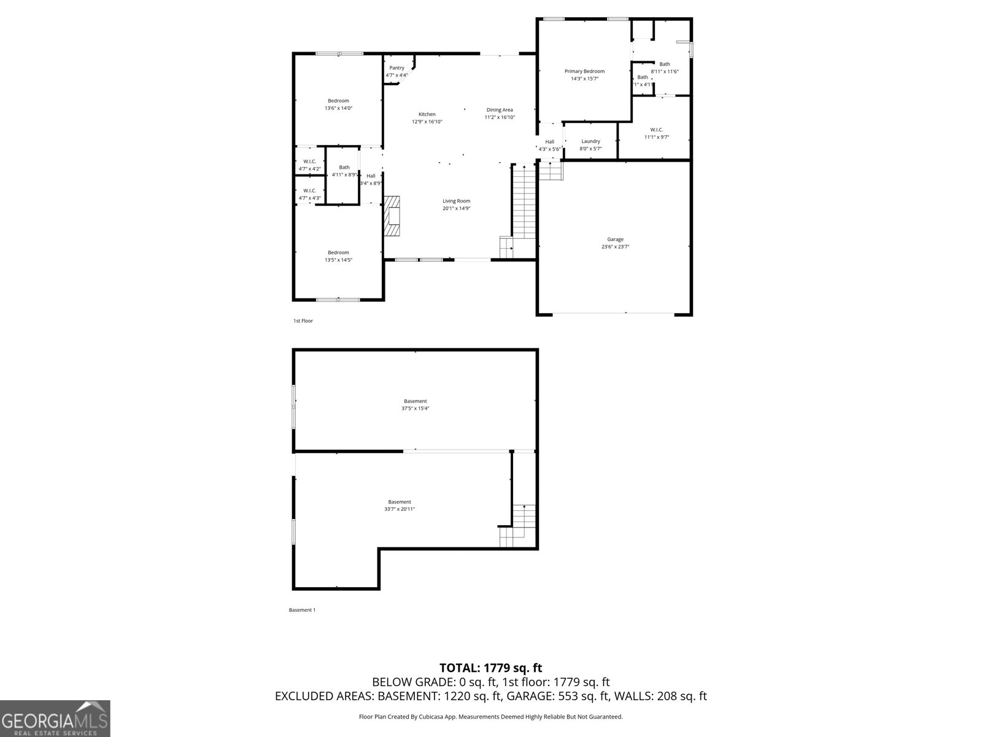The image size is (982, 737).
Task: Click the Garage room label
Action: pos(615,240)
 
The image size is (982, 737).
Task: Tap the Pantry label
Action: pos(396,68)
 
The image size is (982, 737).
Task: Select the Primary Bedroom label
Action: pos(584,71)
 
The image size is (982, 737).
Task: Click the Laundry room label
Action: pos(590,141)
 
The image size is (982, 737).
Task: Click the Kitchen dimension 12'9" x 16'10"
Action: pos(427,122)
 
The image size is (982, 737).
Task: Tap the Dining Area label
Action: pos(500,110)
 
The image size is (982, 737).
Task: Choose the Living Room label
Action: pos(457,201)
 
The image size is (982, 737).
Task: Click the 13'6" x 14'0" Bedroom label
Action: pos(338,101)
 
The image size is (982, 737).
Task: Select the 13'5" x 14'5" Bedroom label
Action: pos(338,252)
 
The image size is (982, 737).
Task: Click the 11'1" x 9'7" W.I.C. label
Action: pos(656,130)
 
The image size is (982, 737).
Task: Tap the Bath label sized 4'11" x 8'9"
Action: pos(344,167)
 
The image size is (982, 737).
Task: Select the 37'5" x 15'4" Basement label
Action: pos(415,401)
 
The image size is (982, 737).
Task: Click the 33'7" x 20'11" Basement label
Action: pos(400,502)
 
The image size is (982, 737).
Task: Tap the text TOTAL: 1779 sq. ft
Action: pos(490,668)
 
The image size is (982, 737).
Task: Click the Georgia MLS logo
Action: pos(55,718)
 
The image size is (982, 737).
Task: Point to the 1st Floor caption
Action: pos(303,321)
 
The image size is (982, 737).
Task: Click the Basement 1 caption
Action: pos(302,610)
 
